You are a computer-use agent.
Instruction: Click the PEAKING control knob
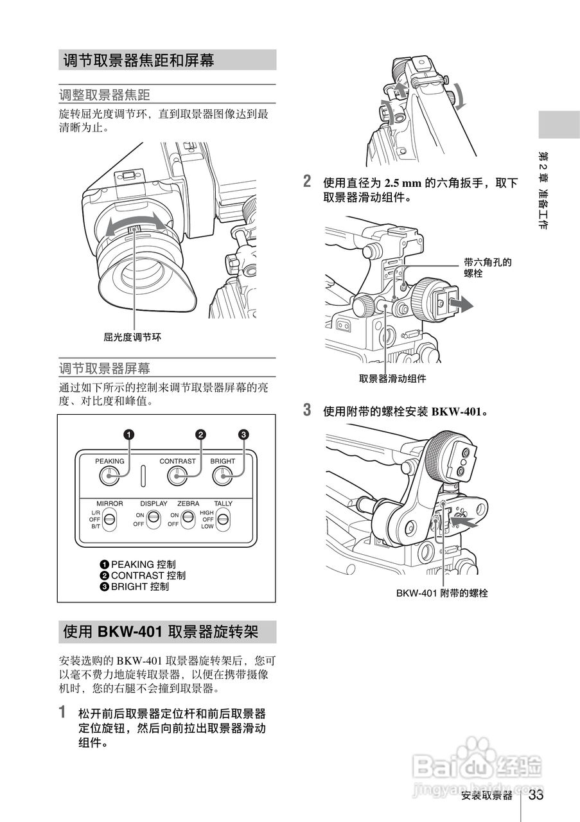(x=110, y=476)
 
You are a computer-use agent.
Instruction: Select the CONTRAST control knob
(x=177, y=476)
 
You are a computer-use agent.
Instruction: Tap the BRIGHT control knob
(x=222, y=476)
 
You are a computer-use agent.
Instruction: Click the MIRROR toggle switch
(x=109, y=519)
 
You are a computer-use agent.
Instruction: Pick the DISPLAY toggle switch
(x=153, y=519)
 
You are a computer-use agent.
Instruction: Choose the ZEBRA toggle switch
(x=188, y=519)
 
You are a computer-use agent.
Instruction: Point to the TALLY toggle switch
(x=223, y=519)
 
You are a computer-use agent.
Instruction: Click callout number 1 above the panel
(x=128, y=435)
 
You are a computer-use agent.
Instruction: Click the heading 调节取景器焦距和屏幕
(x=139, y=60)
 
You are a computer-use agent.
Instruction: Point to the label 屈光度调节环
(x=132, y=336)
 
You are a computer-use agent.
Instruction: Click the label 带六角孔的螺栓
(x=488, y=268)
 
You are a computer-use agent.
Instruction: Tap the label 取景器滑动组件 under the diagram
(x=392, y=379)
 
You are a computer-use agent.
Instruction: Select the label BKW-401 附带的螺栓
(x=442, y=593)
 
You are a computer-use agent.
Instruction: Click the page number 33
(x=536, y=795)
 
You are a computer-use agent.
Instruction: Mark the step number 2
(x=308, y=182)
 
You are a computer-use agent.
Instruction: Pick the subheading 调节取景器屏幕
(x=105, y=369)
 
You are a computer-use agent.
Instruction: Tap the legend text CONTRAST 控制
(x=148, y=575)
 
